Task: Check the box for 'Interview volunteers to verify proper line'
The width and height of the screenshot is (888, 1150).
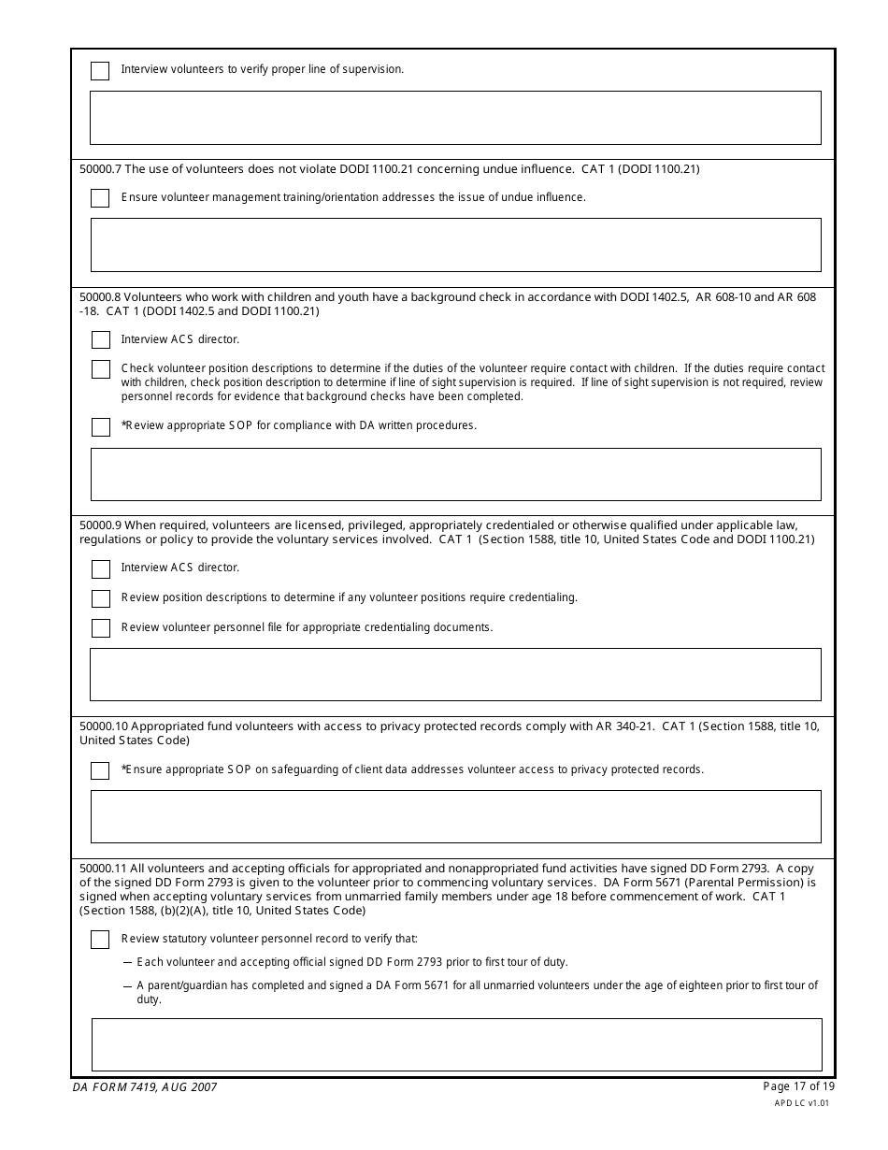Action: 100,71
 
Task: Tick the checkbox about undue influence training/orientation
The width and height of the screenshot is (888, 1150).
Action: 100,198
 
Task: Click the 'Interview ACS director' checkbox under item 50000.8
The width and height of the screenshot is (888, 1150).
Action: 100,340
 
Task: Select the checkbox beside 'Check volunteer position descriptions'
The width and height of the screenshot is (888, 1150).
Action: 100,369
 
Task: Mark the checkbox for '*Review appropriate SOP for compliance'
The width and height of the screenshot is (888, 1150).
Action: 100,426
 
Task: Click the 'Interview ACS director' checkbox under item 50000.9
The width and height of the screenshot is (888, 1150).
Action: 100,568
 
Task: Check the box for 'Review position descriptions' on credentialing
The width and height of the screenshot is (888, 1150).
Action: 100,598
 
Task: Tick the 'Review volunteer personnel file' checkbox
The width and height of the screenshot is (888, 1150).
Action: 100,628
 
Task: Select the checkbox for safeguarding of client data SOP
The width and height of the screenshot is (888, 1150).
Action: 100,770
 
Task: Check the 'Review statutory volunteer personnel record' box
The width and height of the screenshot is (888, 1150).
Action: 100,940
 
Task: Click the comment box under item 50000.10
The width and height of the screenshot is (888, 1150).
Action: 455,816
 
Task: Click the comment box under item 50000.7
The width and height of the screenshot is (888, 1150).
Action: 455,245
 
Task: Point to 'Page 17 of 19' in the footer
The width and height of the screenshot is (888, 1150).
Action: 798,1086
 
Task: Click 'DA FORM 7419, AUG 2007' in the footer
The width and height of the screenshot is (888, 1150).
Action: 144,1087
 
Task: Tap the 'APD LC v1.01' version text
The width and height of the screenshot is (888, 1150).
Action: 801,1103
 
